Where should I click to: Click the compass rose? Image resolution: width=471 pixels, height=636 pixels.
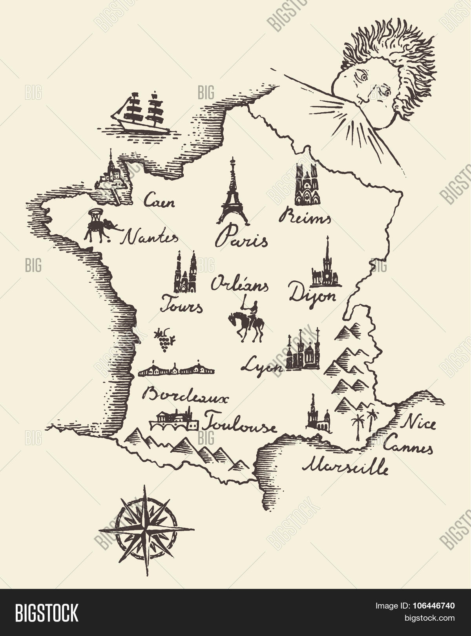(146, 530)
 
